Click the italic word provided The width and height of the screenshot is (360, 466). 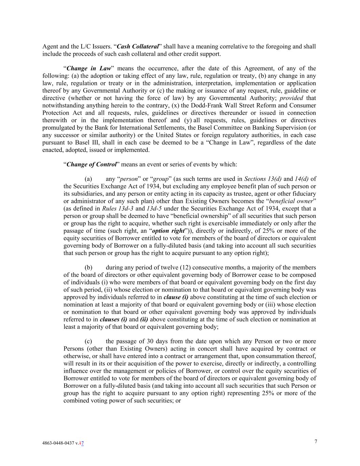pos(291,98)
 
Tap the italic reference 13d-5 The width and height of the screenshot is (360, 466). pos(154,209)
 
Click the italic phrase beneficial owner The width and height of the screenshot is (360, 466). pos(291,201)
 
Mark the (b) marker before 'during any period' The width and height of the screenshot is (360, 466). pos(88,268)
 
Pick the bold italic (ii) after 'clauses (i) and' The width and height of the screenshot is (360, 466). pos(144,320)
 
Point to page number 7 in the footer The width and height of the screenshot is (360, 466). pos(316,441)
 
